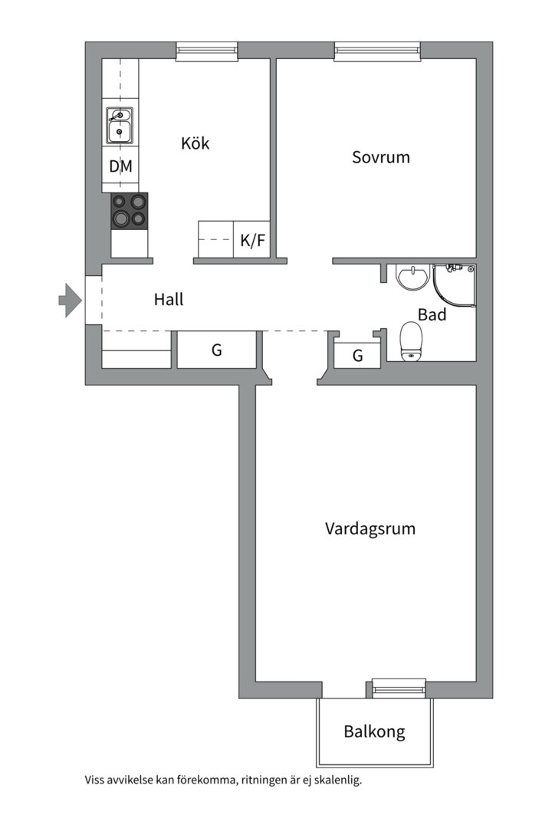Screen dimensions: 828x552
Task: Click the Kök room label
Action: [195, 143]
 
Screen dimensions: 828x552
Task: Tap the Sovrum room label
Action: [381, 157]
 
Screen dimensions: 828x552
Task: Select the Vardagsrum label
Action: [370, 529]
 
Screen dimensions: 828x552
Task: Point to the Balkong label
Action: [374, 731]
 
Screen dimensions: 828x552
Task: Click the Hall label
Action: [169, 300]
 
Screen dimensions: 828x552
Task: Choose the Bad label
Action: [432, 314]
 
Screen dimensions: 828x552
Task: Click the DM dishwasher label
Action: [120, 166]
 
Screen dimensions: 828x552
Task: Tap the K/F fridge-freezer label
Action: [252, 241]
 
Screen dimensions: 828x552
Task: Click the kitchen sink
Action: [119, 125]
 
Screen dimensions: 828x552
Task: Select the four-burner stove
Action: [129, 211]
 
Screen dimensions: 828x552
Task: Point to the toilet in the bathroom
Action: [412, 340]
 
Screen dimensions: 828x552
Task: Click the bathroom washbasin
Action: [412, 277]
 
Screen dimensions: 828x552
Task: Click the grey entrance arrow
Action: [70, 300]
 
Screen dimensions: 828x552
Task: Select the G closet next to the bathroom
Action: [357, 356]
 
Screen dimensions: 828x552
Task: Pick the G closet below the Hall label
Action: [217, 350]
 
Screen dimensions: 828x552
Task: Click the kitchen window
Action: [207, 51]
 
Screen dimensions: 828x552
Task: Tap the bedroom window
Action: [378, 51]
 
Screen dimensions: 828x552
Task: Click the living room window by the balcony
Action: [399, 688]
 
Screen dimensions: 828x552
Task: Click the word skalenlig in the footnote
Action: [335, 780]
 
